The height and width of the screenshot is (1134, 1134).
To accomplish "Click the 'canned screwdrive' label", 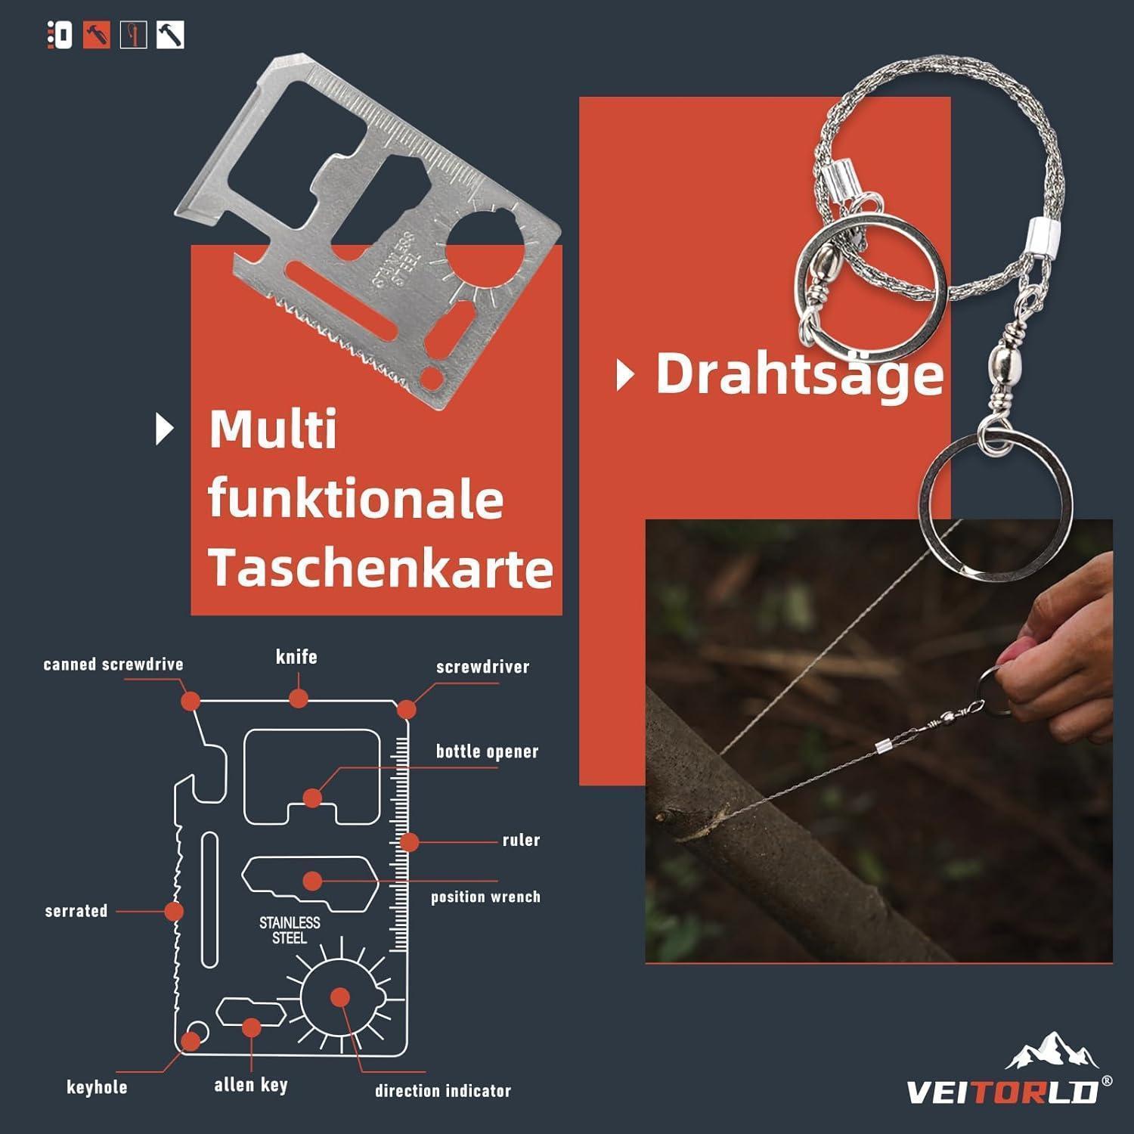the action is click(x=113, y=665).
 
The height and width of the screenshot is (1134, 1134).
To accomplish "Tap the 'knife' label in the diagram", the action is click(x=296, y=656).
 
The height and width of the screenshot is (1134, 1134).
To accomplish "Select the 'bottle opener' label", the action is click(x=487, y=751).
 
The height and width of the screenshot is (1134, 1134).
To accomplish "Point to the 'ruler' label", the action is click(x=521, y=840).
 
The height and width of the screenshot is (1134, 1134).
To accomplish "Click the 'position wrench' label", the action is click(x=485, y=897).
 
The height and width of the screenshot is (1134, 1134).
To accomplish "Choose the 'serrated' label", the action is click(x=76, y=910).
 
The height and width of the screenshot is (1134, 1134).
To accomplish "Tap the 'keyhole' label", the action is click(x=97, y=1087).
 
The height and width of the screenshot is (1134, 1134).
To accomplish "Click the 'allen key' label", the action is click(x=251, y=1085).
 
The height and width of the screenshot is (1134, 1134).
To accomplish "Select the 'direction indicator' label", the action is click(x=443, y=1090).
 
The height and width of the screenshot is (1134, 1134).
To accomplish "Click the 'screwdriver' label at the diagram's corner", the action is click(x=482, y=667).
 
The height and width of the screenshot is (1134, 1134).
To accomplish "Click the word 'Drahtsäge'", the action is click(x=800, y=374).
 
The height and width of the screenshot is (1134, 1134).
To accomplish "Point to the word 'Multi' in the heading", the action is click(x=273, y=429).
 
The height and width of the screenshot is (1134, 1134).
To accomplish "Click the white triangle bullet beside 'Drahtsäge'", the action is click(x=624, y=375).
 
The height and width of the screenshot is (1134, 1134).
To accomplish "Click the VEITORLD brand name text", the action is click(x=1002, y=1092).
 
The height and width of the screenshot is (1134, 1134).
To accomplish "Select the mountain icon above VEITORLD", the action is click(x=1052, y=1052).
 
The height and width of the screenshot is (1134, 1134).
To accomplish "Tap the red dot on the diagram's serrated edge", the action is click(x=174, y=911).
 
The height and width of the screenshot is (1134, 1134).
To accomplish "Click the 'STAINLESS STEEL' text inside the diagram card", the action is click(x=290, y=930).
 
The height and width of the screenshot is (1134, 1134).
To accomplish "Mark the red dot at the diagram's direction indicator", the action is click(x=340, y=997).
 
